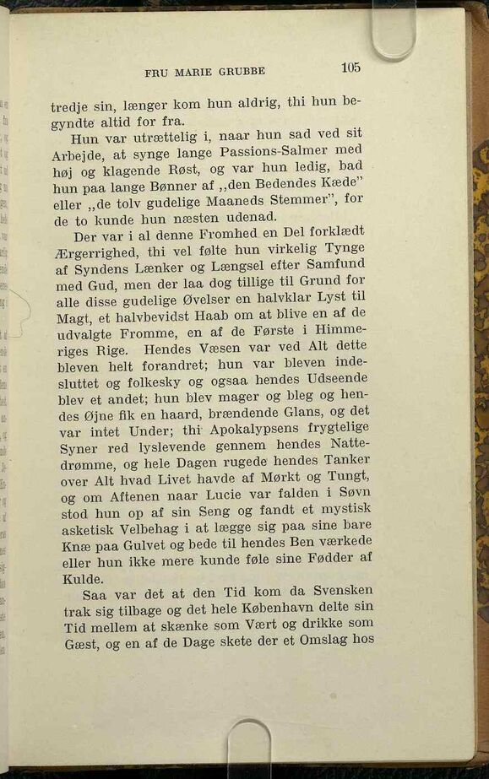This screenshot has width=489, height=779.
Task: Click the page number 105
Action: (x=350, y=68)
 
